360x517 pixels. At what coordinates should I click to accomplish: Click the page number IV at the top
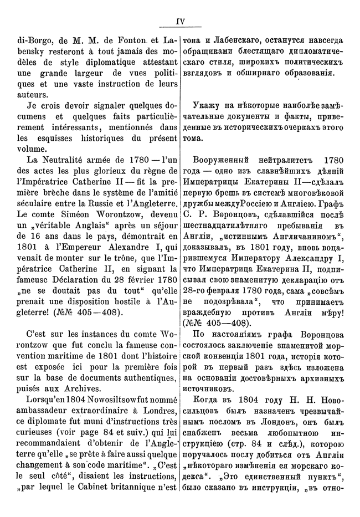pyautogui.click(x=180, y=22)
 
